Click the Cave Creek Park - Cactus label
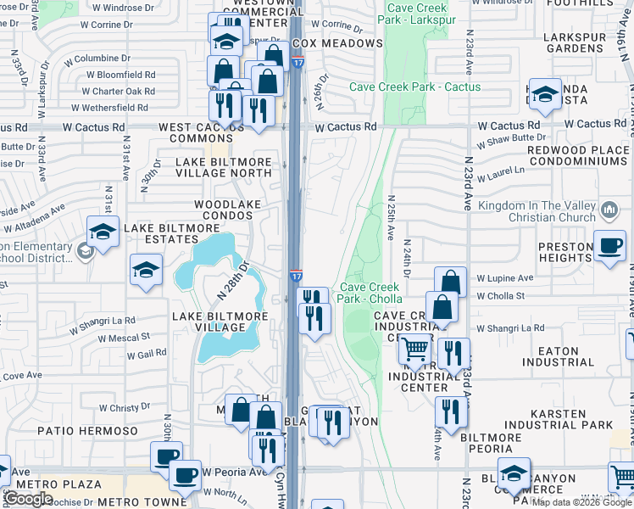point(415,87)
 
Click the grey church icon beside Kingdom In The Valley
point(609,210)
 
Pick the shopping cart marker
point(414,349)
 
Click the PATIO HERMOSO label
point(88,431)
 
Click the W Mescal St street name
point(124,338)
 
